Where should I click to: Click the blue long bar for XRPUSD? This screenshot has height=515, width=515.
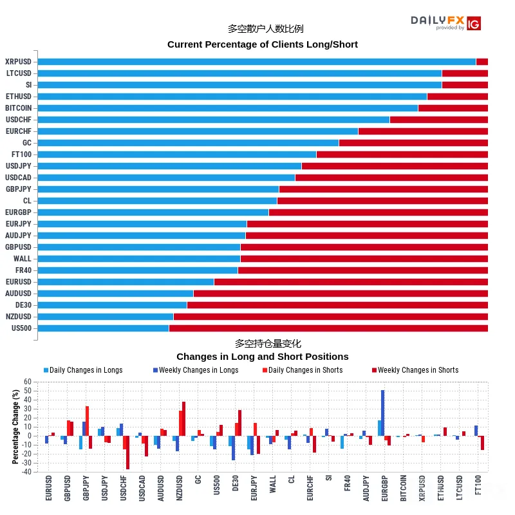[x=257, y=62]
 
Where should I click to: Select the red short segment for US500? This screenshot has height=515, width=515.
[x=328, y=328]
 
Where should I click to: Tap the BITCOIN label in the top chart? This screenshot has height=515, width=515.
[x=19, y=108]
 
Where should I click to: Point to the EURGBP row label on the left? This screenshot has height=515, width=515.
[x=19, y=212]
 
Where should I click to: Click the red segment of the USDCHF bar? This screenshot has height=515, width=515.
[x=439, y=120]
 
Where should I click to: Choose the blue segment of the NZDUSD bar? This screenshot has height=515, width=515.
[x=106, y=317]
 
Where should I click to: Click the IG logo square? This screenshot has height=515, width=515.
[x=474, y=23]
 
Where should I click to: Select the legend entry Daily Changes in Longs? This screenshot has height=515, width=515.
[x=83, y=370]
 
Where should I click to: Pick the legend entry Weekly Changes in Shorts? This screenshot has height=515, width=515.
[x=415, y=370]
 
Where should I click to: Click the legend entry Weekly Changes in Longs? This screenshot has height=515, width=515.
[x=196, y=370]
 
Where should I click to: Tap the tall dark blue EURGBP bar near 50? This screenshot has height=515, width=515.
[x=382, y=413]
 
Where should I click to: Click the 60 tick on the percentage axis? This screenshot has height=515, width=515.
[x=28, y=382]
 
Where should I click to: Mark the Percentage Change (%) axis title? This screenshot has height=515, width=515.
[x=15, y=427]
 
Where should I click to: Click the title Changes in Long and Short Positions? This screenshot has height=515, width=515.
[x=263, y=357]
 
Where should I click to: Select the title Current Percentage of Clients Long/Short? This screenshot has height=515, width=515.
[x=263, y=44]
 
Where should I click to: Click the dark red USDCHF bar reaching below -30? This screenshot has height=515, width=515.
[x=127, y=453]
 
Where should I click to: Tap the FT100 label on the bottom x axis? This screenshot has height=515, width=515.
[x=478, y=485]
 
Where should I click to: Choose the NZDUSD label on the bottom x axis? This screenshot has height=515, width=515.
[x=180, y=488]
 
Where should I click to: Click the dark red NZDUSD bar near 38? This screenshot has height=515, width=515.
[x=183, y=419]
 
